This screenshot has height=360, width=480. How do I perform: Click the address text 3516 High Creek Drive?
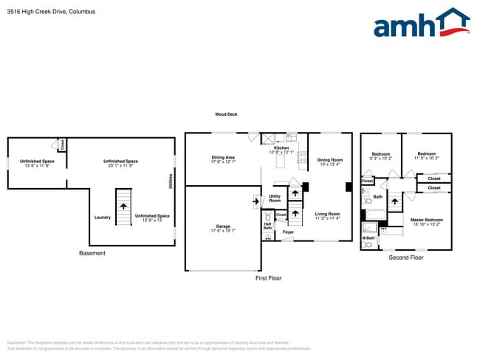pos(41,12)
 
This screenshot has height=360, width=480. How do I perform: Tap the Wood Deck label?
pos(226,114)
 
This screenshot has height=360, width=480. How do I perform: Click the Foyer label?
pos(288,232)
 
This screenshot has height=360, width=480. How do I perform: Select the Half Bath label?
pos(267,226)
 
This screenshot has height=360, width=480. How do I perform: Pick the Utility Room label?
pos(275,198)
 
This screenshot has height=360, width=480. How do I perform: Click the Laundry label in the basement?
pos(103,217)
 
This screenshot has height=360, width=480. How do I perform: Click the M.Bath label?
pos(367,238)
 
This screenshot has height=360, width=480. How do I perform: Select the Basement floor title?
pos(92,253)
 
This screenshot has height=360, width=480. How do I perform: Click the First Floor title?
pos(269,278)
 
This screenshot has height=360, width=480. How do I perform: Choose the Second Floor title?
pos(406,257)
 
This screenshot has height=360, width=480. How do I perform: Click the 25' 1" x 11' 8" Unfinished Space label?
pos(120,163)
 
